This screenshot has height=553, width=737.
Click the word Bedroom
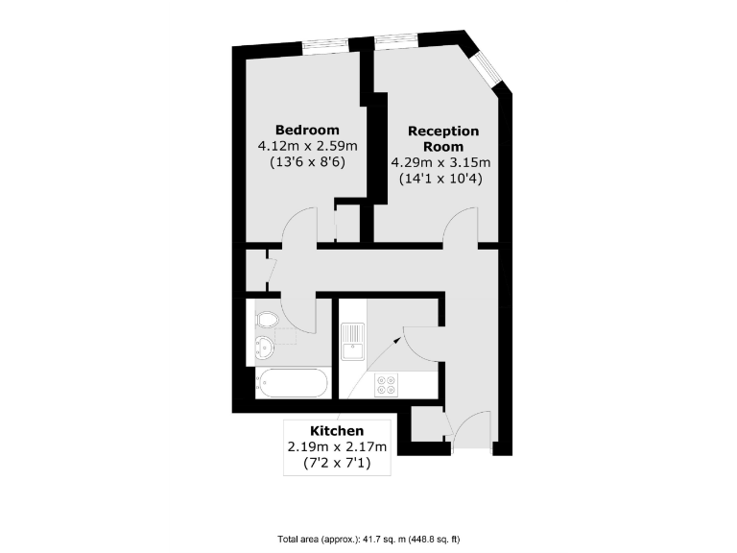(307, 130)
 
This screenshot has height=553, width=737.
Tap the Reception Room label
(442, 138)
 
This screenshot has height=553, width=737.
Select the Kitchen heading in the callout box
(336, 430)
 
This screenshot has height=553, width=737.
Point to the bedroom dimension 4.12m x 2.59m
(307, 146)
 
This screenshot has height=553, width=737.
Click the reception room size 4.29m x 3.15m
(440, 162)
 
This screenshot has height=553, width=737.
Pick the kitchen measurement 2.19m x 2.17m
(337, 446)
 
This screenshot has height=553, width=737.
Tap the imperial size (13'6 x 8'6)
(307, 162)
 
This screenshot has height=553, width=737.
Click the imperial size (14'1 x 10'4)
(440, 179)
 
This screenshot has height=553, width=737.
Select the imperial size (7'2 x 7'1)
(337, 463)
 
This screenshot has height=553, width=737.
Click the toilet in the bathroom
(266, 319)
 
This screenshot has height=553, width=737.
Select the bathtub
(292, 384)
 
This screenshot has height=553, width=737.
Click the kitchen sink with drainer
(351, 339)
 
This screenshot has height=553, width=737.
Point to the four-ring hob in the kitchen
(388, 385)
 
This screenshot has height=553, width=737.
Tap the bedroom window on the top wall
(325, 44)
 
